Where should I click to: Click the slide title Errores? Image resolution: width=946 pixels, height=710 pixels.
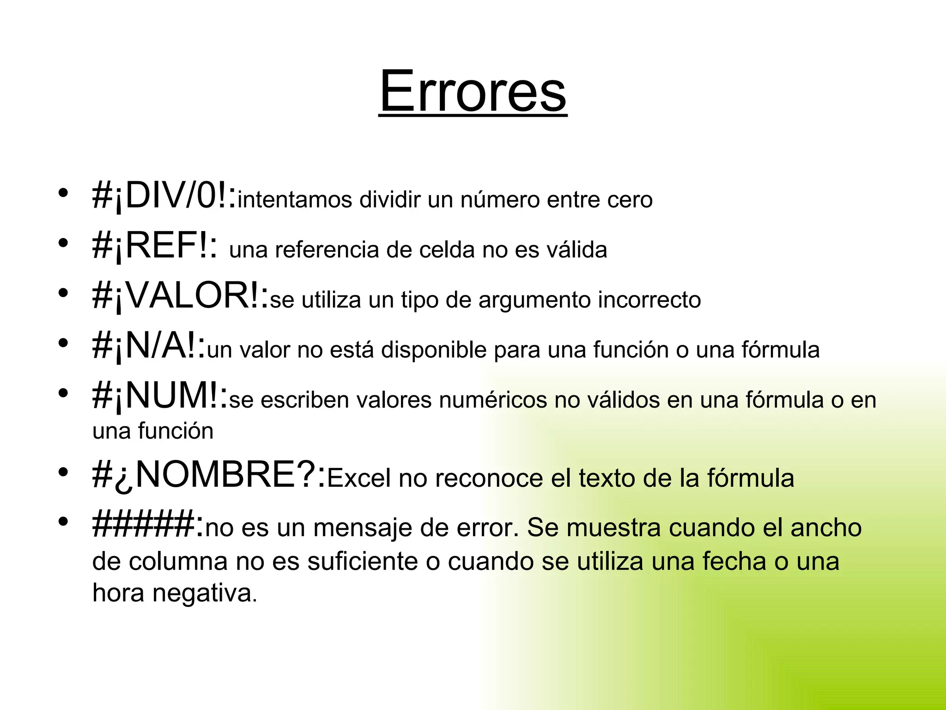(473, 91)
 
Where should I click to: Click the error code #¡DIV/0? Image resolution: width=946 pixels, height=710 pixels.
(164, 196)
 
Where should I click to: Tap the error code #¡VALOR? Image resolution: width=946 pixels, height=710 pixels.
(180, 296)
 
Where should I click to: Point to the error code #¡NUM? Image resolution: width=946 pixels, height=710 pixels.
(160, 396)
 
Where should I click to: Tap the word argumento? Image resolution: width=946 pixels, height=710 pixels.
(534, 300)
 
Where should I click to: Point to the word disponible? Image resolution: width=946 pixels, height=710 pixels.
(434, 350)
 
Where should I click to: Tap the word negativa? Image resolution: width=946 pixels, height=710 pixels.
(205, 594)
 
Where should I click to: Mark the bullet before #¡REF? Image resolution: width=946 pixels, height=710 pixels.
(63, 242)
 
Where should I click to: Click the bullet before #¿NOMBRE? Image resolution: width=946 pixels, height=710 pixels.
(63, 472)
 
